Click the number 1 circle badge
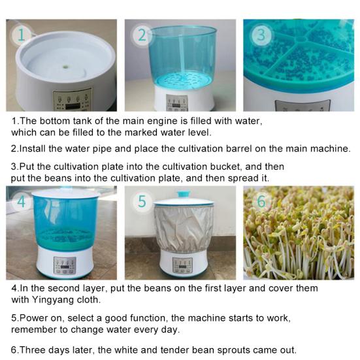tap(24, 35)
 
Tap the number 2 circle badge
tap(142, 35)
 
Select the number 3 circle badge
tap(260, 35)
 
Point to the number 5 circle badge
tap(141, 201)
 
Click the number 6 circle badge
tap(261, 201)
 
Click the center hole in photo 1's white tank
tap(65, 65)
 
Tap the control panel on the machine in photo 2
tap(176, 103)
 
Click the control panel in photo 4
tap(65, 265)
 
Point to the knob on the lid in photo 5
tap(183, 194)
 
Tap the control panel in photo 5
tap(182, 265)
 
